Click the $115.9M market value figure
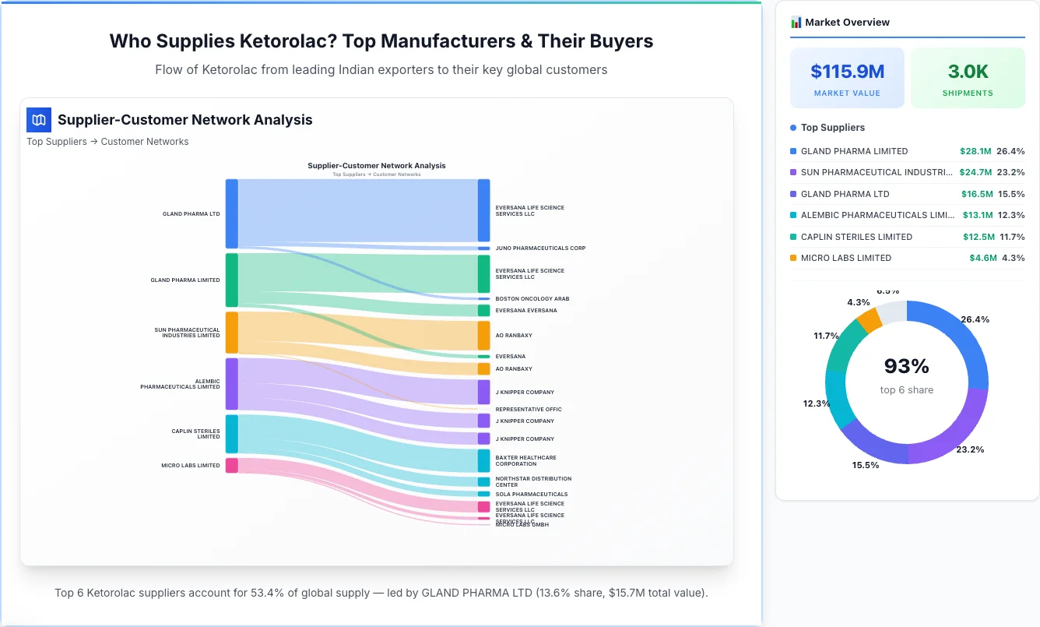coord(847,72)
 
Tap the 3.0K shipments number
coord(968,72)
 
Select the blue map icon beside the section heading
coord(39,120)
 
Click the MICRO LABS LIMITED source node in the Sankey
coord(232,466)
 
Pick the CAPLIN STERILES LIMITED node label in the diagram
coord(195,434)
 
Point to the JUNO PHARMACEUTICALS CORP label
coord(540,248)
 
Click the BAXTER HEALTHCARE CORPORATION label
coord(525,461)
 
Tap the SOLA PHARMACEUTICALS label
coord(531,494)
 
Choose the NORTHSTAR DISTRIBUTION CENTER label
coord(533,482)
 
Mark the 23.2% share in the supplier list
coord(1010,172)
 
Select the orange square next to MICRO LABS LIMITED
coord(793,258)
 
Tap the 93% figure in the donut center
coord(906,366)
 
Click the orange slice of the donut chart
coord(869,319)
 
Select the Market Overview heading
coord(847,22)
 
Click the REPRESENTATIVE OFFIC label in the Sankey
coord(528,409)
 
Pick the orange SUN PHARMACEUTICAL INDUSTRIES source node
coord(232,333)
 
